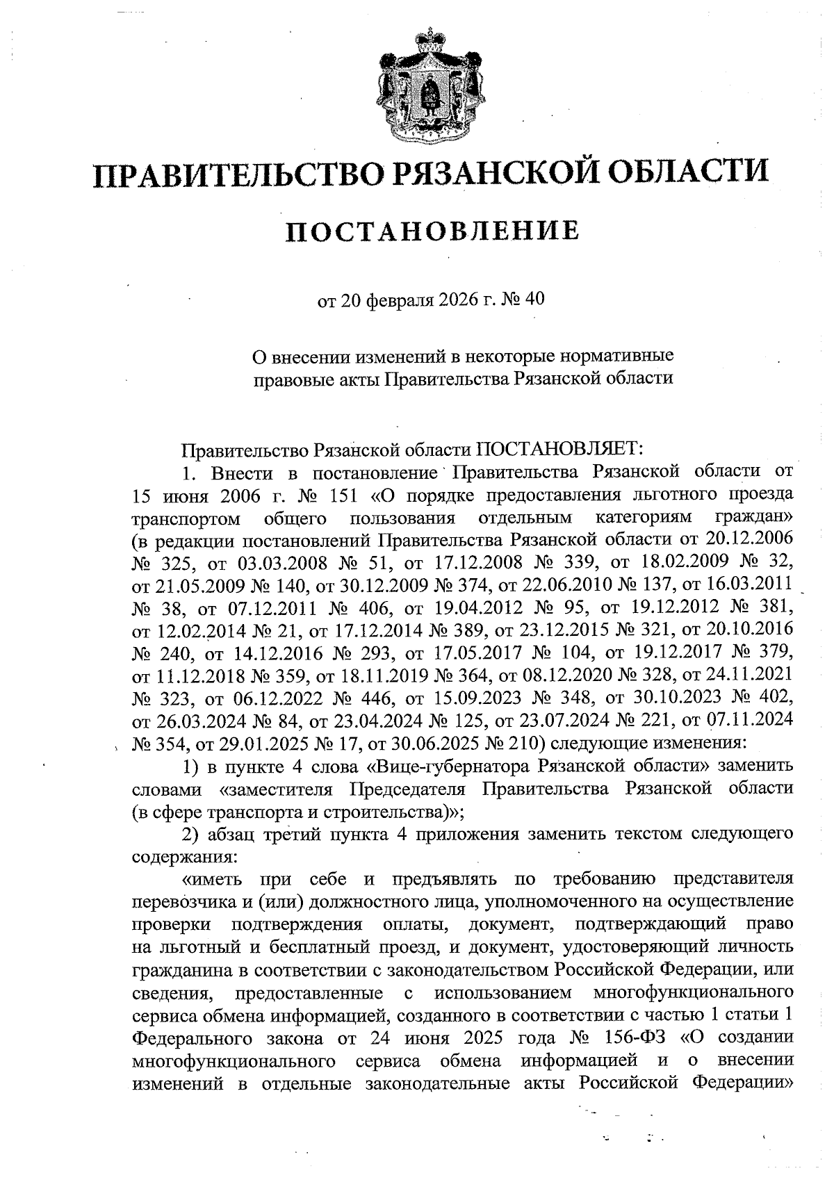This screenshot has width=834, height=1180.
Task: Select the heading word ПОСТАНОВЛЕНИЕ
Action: click(x=432, y=231)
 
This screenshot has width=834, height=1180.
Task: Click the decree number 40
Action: click(x=536, y=300)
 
